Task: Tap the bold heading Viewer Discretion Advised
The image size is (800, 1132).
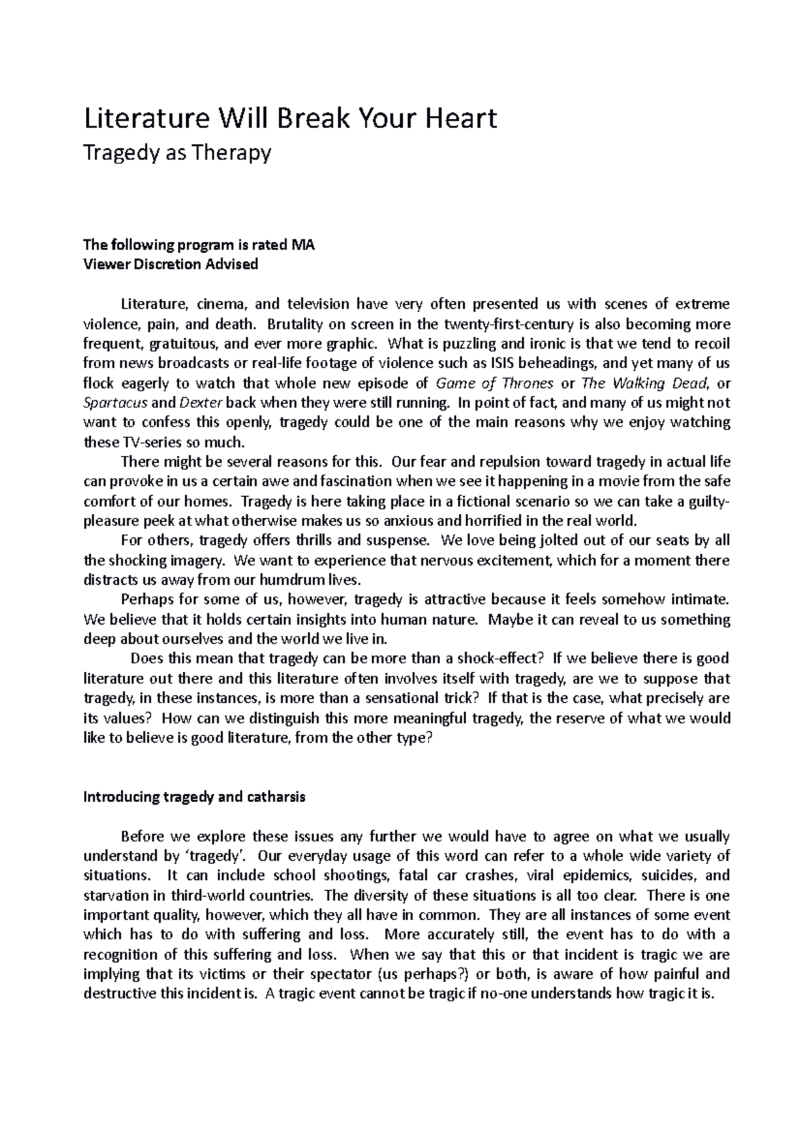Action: (169, 264)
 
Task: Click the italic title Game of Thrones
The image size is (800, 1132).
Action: (494, 383)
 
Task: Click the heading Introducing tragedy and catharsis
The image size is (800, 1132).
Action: (193, 797)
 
